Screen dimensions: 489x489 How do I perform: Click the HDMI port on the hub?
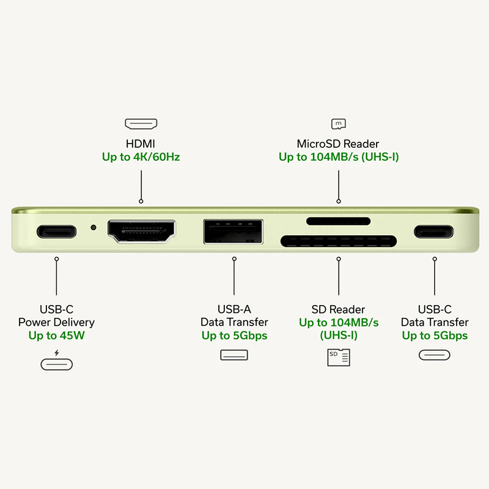point(142,232)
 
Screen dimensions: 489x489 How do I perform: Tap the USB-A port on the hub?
point(233,232)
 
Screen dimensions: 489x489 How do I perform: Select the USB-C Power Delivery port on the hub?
point(56,232)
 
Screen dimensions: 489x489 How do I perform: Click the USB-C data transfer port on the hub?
point(434,232)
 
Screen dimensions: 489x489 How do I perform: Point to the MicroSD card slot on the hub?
point(339,221)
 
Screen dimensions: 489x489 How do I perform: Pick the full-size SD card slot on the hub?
point(339,241)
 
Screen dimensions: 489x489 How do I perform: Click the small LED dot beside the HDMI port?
point(94,227)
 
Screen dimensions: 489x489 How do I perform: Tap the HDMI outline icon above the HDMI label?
point(141,124)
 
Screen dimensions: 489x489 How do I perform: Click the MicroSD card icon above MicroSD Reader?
point(339,124)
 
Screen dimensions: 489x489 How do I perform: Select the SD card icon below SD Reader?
point(339,358)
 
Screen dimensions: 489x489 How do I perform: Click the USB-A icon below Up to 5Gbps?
point(234,355)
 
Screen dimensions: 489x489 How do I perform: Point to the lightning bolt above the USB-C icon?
point(56,353)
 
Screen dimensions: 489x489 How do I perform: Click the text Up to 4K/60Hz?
point(141,157)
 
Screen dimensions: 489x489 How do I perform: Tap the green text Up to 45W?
point(56,336)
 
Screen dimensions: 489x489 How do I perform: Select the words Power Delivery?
point(56,322)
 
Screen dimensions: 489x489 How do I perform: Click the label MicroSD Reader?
point(338,144)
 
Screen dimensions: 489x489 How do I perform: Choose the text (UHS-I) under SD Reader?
point(339,335)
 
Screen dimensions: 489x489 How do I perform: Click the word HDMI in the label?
point(141,144)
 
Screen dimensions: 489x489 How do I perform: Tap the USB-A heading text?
point(234,309)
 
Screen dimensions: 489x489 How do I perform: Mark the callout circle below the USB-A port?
point(234,259)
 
